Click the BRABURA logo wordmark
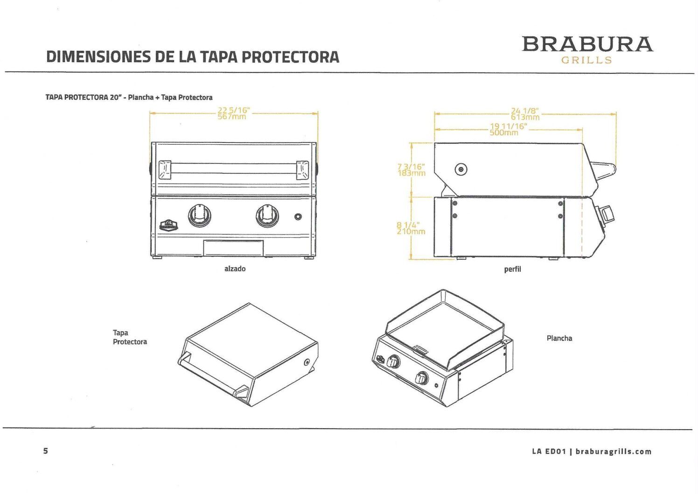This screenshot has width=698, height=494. pyautogui.click(x=587, y=44)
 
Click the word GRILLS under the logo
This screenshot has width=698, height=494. pyautogui.click(x=586, y=60)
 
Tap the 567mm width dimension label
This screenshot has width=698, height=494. pyautogui.click(x=232, y=117)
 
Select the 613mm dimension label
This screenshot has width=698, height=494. pyautogui.click(x=525, y=117)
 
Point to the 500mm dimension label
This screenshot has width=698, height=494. pyautogui.click(x=504, y=133)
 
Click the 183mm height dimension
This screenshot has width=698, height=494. pyautogui.click(x=412, y=173)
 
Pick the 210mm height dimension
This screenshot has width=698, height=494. pyautogui.click(x=411, y=231)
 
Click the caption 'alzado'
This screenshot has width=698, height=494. pyautogui.click(x=235, y=269)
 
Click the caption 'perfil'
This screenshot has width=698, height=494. pyautogui.click(x=512, y=269)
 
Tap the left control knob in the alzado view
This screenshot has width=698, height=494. pyautogui.click(x=199, y=215)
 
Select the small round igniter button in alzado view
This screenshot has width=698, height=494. pyautogui.click(x=298, y=217)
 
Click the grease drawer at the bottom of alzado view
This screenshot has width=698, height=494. pyautogui.click(x=234, y=247)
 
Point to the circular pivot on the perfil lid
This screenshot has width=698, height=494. pyautogui.click(x=461, y=169)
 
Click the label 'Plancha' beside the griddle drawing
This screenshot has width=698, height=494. pyautogui.click(x=559, y=339)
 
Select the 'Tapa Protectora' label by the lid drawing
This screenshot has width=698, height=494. pyautogui.click(x=130, y=337)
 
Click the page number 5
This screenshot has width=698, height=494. pyautogui.click(x=45, y=451)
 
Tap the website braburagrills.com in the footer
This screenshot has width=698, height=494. pyautogui.click(x=613, y=452)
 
